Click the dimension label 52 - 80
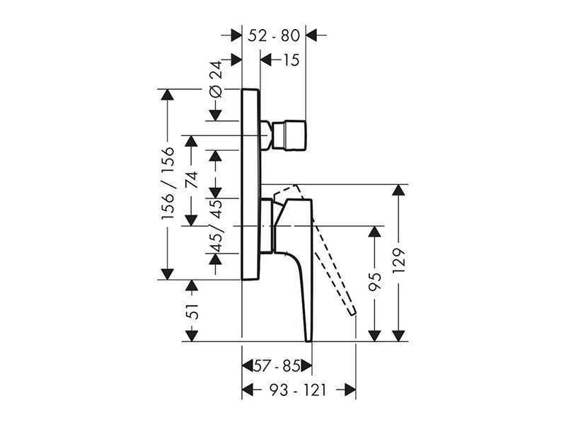point(274,35)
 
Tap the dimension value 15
point(291,59)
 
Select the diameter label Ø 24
point(216,79)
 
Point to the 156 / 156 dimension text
point(168,183)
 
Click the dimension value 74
point(192,180)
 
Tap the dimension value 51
point(192,311)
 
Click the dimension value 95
point(375,282)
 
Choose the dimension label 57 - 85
point(277,366)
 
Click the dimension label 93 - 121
point(298,390)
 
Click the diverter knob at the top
point(289,135)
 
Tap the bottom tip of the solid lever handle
point(308,341)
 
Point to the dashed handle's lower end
point(352,313)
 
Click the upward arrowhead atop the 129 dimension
point(398,190)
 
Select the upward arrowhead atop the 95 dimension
point(375,232)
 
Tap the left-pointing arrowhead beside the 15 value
point(266,59)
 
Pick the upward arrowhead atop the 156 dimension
point(167,94)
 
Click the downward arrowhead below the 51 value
point(192,336)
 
